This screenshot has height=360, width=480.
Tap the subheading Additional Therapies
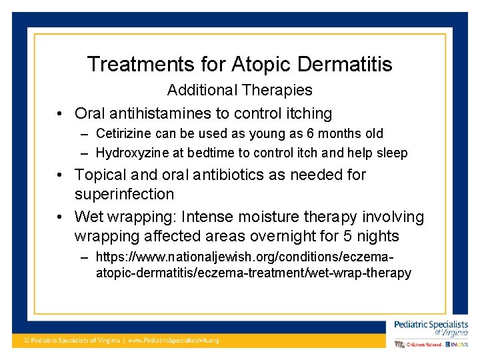click(239, 90)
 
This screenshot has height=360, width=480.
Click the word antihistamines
click(162, 113)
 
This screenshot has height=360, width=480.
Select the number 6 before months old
click(311, 134)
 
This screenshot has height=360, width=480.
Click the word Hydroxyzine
click(131, 153)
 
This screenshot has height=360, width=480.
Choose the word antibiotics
click(253, 175)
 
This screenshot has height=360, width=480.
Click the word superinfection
click(124, 195)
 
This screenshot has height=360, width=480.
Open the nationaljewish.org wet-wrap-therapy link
click(253, 265)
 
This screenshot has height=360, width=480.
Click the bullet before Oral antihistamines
click(60, 114)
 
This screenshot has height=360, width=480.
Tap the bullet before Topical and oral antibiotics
click(60, 175)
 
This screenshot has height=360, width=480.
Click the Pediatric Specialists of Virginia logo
click(431, 327)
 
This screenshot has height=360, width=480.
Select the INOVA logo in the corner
click(457, 344)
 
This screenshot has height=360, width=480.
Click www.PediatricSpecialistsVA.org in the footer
click(173, 341)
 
